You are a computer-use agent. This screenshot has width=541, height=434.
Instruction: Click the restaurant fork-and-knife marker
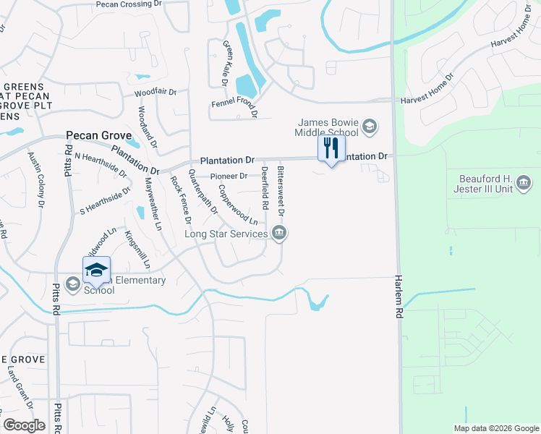331,149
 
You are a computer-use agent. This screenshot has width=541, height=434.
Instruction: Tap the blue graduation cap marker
96,270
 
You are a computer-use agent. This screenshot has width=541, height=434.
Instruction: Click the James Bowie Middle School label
327,127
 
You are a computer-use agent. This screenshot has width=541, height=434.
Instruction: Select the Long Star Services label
226,233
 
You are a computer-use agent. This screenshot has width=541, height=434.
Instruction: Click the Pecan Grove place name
99,135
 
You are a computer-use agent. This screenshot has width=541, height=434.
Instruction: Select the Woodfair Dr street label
156,93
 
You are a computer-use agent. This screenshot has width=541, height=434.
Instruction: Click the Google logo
24,425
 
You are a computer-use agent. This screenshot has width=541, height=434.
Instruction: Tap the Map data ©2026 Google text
496,428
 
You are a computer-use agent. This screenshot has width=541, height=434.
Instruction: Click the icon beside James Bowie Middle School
370,128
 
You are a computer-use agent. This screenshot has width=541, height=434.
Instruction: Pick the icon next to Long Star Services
279,233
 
